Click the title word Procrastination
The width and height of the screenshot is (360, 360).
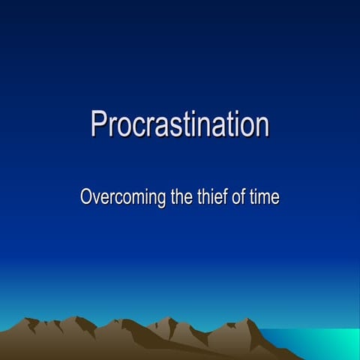pos(180,124)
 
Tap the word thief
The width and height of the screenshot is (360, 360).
pos(209,199)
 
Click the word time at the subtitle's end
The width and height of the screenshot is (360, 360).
pos(265,199)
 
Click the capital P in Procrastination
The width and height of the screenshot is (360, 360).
pos(99,124)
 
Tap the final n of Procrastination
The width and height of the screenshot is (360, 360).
pos(261,127)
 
